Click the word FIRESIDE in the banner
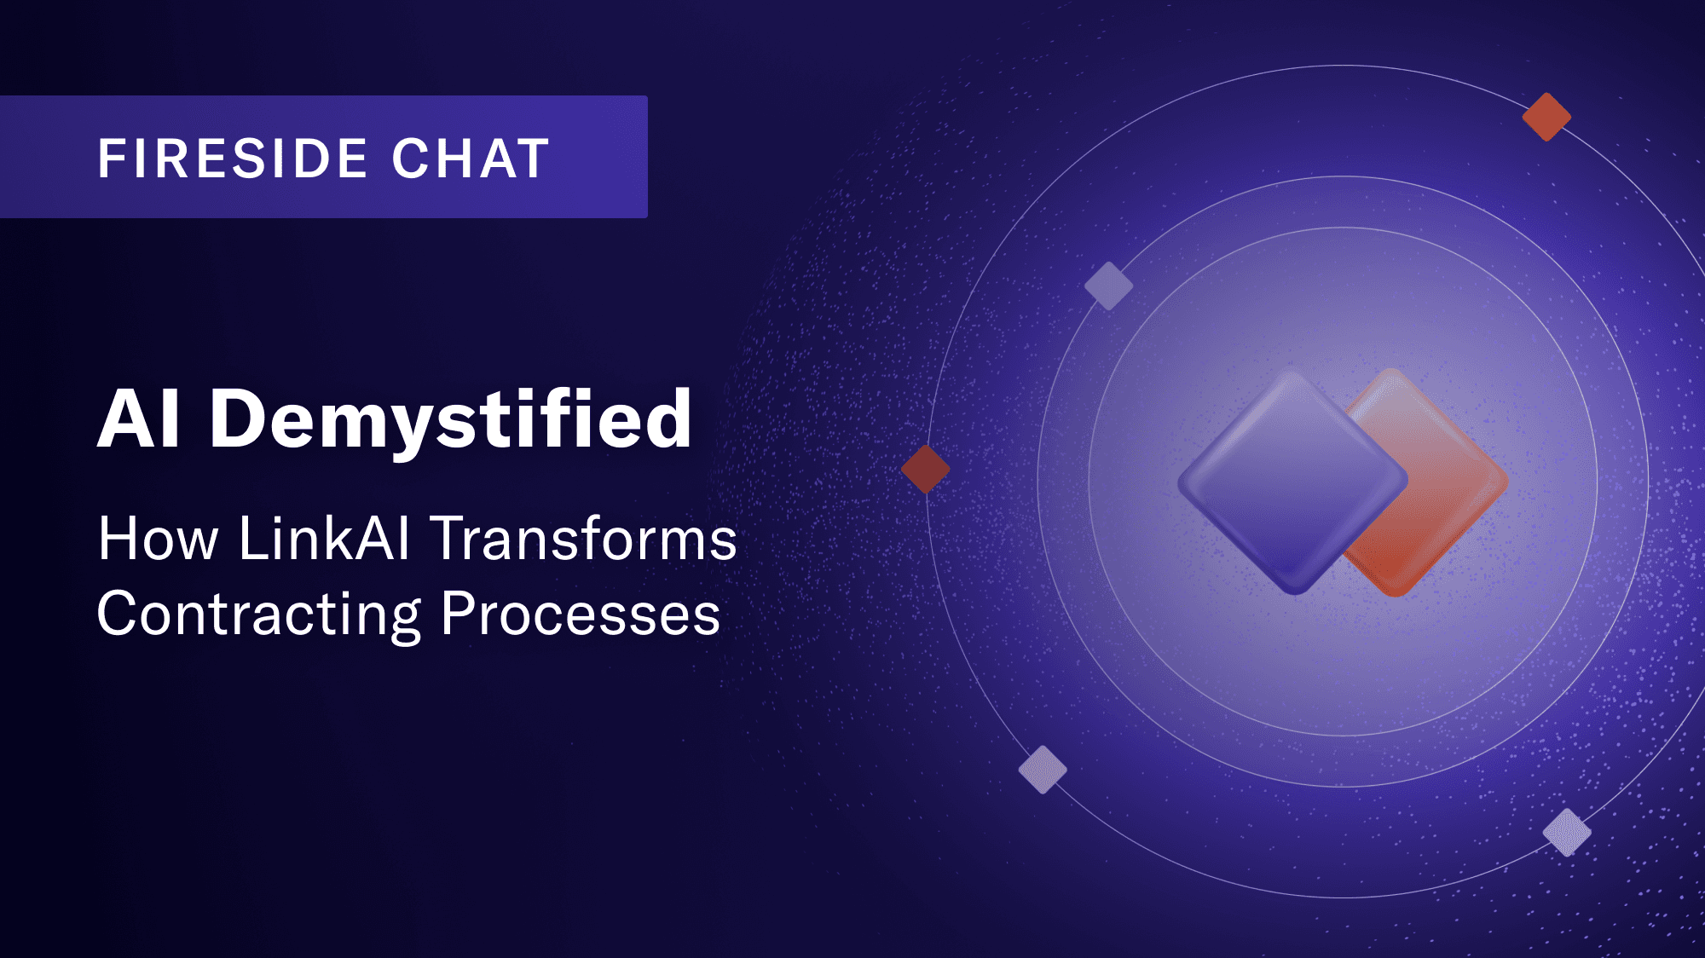233,159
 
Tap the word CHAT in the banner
471,159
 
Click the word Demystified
450,421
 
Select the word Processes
581,614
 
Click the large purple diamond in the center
1292,482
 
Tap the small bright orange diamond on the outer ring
1546,117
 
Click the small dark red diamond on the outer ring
926,469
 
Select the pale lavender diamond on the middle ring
1108,286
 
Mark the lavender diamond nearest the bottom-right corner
1567,832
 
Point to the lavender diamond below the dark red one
1043,770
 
